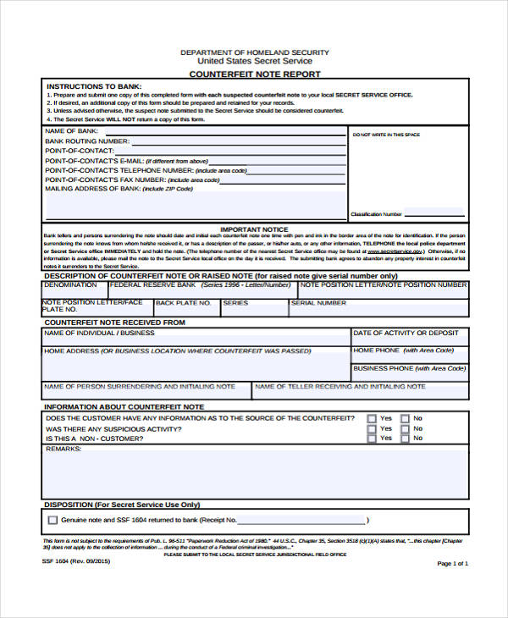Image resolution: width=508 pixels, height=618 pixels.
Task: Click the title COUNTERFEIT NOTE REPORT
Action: pyautogui.click(x=254, y=74)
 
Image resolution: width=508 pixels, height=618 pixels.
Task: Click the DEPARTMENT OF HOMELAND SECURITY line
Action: pyautogui.click(x=254, y=52)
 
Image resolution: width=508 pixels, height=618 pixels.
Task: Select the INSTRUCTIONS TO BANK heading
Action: pyautogui.click(x=94, y=86)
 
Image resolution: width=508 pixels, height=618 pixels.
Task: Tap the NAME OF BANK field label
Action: pyautogui.click(x=71, y=132)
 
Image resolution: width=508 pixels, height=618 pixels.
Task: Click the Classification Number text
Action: pyautogui.click(x=377, y=214)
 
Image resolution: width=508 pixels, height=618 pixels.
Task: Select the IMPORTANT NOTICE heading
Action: pyautogui.click(x=254, y=229)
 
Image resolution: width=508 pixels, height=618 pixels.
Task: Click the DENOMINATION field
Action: pyautogui.click(x=70, y=285)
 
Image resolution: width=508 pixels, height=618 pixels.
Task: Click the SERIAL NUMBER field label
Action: pyautogui.click(x=319, y=302)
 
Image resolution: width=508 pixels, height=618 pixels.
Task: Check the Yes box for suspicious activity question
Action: pyautogui.click(x=373, y=428)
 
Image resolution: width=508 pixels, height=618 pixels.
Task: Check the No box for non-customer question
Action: pyautogui.click(x=405, y=439)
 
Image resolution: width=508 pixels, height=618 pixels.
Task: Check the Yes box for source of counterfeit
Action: pyautogui.click(x=373, y=418)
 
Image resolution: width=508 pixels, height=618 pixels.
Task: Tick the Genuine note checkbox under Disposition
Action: pyautogui.click(x=53, y=520)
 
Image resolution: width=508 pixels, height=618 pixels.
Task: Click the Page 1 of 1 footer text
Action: pyautogui.click(x=452, y=563)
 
